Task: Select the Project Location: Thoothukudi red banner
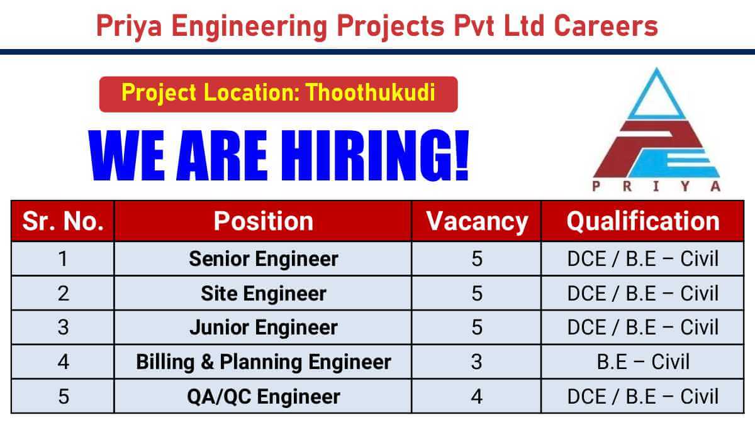coord(278,94)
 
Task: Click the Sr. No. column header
coord(63,221)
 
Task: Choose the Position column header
coord(263,221)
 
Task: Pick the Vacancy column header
coord(476,221)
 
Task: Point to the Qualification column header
coord(642,221)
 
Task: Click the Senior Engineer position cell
coord(263,259)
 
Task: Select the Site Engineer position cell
coord(263,293)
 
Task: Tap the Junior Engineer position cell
coord(263,328)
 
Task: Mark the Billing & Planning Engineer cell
coord(263,362)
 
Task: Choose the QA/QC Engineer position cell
coord(263,396)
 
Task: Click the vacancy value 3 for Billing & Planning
coord(476,362)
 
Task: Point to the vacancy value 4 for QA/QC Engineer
coord(476,396)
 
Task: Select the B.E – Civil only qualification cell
coord(642,362)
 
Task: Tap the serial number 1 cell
coord(63,259)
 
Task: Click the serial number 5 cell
coord(63,396)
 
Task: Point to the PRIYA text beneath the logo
coord(657,186)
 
